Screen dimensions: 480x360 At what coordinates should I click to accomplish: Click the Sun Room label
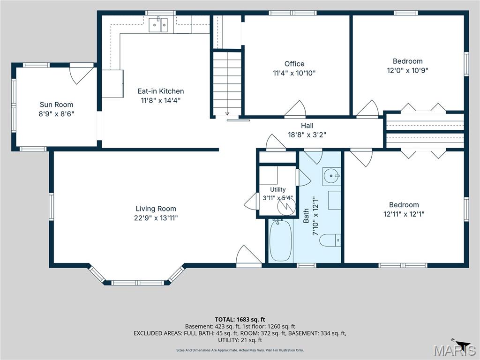click(x=56, y=105)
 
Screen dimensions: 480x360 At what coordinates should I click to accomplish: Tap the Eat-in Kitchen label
click(x=161, y=91)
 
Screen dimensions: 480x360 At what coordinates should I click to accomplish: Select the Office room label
click(x=294, y=64)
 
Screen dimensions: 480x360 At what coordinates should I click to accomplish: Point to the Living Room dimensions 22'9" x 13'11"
click(x=156, y=218)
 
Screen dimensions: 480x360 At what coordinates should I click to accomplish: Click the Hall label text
click(x=307, y=126)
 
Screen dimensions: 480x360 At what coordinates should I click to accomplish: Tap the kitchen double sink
click(x=158, y=25)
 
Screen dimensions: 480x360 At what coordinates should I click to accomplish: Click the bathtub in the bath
click(x=280, y=240)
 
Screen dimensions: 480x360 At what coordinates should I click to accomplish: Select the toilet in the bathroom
click(x=330, y=240)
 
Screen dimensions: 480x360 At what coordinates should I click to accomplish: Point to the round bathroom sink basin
click(x=331, y=176)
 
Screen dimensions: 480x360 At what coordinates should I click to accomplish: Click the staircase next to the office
click(x=227, y=82)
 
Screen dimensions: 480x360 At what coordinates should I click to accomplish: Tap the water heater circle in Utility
click(x=286, y=206)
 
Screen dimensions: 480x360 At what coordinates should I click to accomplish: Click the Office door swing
click(x=295, y=108)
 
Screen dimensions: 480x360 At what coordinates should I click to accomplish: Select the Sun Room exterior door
click(x=82, y=74)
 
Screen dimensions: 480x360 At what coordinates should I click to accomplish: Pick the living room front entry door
click(x=249, y=255)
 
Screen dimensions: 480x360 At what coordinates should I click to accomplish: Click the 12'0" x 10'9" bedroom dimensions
click(x=407, y=70)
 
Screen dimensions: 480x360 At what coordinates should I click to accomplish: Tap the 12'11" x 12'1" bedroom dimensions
click(x=404, y=214)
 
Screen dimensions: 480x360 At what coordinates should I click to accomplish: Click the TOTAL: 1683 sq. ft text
click(x=240, y=320)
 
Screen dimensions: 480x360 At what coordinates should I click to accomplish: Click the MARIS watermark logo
click(x=455, y=350)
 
